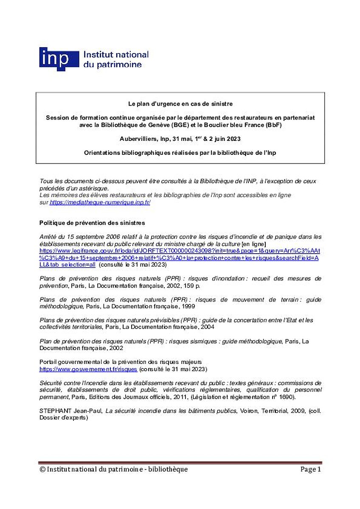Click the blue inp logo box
click(x=59, y=59)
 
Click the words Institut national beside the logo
click(x=116, y=55)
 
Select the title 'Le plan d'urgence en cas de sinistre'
click(x=180, y=103)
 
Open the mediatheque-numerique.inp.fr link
click(x=100, y=203)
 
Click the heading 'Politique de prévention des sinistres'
click(x=92, y=223)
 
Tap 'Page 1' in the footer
click(x=311, y=469)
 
